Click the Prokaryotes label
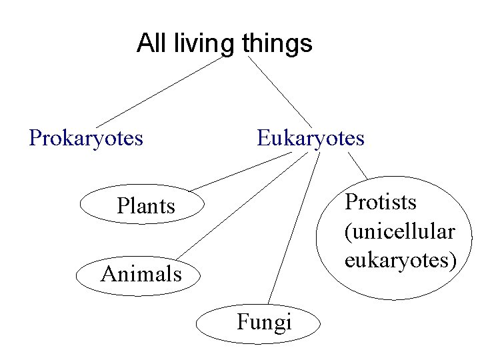[x=86, y=138]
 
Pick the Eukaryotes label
[x=311, y=138]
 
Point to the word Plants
[x=145, y=206]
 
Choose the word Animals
[x=141, y=273]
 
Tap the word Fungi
[x=264, y=323]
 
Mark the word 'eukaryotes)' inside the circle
[x=401, y=260]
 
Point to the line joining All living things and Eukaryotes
[x=280, y=91]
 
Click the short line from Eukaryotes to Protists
[x=357, y=166]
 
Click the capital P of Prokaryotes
[x=35, y=138]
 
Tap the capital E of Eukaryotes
[x=263, y=138]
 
